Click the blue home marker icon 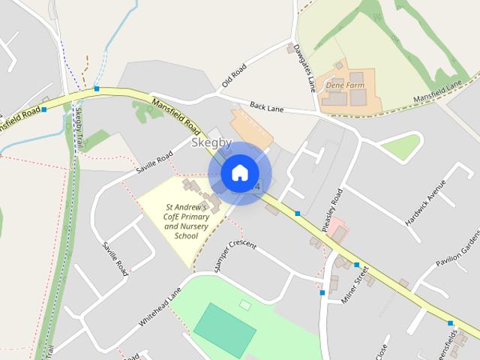coord(239,173)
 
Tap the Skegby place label coord(211,142)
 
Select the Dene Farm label coord(344,86)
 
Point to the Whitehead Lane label coord(160,308)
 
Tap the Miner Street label coord(356,286)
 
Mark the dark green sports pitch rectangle coord(225,330)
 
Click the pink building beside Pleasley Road coord(338,229)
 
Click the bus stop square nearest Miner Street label coord(356,265)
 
